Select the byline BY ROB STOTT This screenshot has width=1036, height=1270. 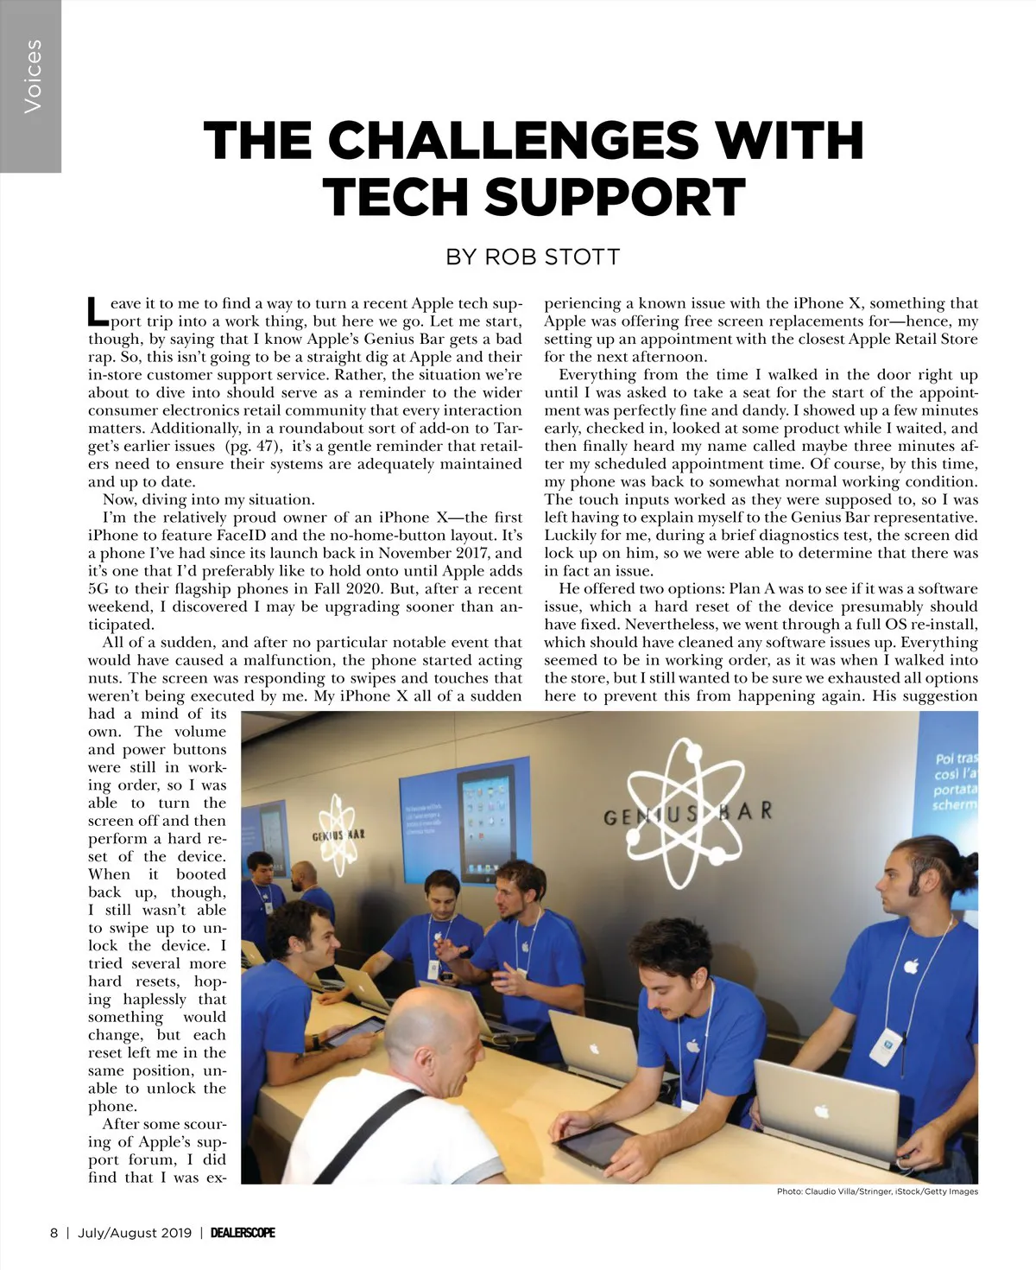[533, 257]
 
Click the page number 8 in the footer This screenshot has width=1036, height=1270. [54, 1233]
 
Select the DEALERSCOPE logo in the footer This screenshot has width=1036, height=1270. [243, 1233]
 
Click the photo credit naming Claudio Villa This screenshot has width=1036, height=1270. [877, 1191]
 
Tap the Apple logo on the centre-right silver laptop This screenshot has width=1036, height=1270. [594, 1049]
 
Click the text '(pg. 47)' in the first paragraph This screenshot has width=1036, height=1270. [250, 446]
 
